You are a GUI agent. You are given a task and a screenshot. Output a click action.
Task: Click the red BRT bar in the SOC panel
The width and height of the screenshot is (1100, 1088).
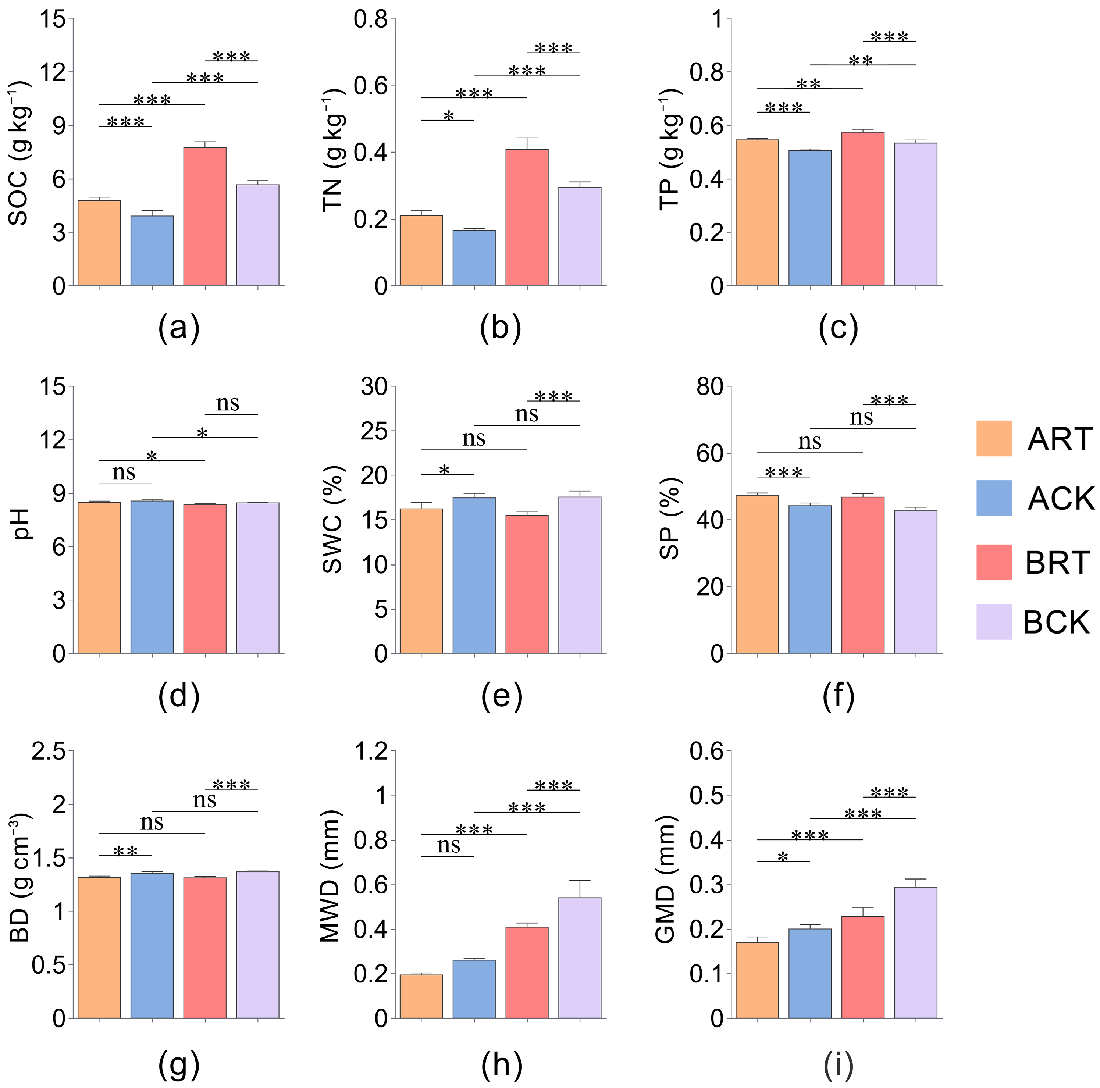click(205, 216)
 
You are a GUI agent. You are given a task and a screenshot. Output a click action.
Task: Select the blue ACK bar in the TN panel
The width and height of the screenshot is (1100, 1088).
click(474, 257)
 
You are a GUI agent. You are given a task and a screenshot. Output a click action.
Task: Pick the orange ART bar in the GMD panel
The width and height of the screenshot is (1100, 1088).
click(757, 980)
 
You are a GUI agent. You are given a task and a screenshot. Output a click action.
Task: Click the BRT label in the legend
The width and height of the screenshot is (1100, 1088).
click(1057, 563)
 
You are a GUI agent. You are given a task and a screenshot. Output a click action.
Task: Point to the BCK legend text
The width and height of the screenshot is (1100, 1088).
click(1056, 622)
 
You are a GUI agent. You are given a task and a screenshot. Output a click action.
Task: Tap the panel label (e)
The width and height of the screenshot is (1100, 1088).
click(502, 696)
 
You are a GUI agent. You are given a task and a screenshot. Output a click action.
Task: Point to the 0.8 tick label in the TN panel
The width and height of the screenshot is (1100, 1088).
click(371, 19)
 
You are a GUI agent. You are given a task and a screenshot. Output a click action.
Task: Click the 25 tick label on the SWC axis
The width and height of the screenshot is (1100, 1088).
click(374, 431)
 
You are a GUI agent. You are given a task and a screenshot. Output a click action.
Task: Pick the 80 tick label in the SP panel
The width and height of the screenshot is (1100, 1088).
click(710, 386)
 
